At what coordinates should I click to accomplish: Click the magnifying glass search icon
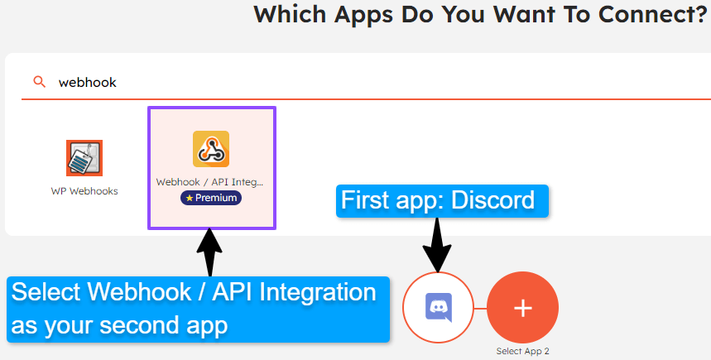[38, 82]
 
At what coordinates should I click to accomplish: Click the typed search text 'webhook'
[88, 82]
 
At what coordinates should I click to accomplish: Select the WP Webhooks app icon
[84, 158]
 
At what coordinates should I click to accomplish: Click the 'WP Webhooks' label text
[84, 191]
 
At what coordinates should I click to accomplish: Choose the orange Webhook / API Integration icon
[211, 149]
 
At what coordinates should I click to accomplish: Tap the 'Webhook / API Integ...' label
[211, 182]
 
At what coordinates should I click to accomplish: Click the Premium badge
[211, 199]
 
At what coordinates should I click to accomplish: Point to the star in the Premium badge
[190, 199]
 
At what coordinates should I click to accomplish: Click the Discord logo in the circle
[438, 307]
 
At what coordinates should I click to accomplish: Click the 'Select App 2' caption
[522, 351]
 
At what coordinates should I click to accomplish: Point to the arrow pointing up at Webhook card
[209, 252]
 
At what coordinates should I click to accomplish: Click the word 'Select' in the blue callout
[46, 293]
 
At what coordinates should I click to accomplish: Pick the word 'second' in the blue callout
[149, 325]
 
